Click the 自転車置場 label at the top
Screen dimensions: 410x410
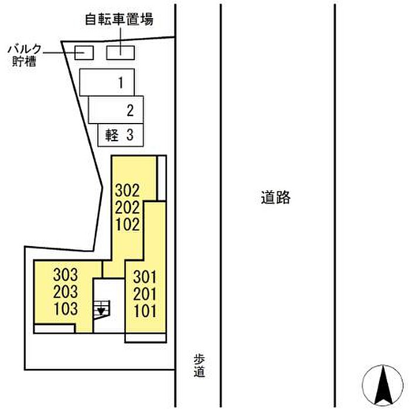coord(119,20)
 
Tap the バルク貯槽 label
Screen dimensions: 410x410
coord(24,54)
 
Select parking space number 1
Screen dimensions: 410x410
coord(107,82)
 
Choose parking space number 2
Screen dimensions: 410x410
coord(117,110)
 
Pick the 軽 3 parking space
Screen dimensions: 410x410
coord(120,135)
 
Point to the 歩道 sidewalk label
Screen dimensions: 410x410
coord(200,365)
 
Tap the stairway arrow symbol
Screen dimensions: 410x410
coord(101,309)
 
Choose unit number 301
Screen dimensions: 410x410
coord(144,276)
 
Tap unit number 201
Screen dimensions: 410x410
coord(144,293)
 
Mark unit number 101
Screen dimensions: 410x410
coord(144,310)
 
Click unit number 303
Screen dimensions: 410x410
coord(65,274)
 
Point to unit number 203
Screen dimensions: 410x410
coord(65,291)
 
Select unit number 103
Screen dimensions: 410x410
coord(65,308)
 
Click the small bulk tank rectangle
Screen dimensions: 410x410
coord(84,53)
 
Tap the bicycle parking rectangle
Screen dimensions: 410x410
coord(119,52)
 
